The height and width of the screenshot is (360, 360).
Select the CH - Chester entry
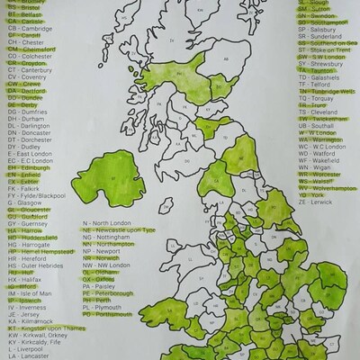tap(26, 41)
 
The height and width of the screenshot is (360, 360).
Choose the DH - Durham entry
tap(26, 118)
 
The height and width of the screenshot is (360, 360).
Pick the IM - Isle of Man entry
tap(31, 293)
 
